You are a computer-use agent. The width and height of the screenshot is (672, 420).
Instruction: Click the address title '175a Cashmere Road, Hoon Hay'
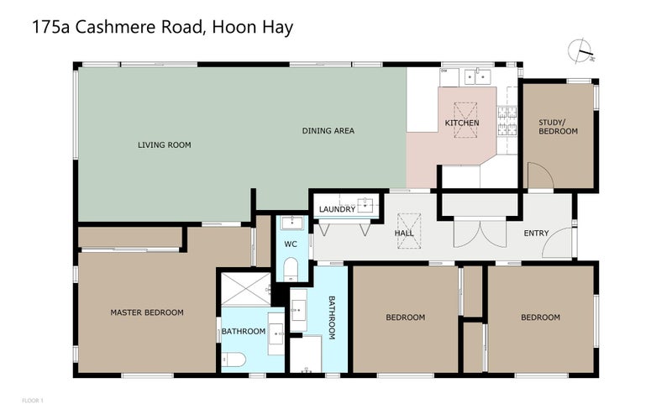click(162, 27)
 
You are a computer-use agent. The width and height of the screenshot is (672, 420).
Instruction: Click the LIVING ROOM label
click(165, 145)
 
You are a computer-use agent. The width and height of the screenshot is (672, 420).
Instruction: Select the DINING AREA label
click(328, 131)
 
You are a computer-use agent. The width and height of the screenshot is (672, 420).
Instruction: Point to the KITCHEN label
click(461, 123)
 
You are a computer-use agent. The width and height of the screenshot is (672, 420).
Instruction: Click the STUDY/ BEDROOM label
click(558, 127)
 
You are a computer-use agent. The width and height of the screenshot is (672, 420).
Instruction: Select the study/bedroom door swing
click(538, 176)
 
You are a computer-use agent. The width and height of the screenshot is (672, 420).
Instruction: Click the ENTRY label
click(536, 233)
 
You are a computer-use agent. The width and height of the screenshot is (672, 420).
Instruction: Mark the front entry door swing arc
click(556, 244)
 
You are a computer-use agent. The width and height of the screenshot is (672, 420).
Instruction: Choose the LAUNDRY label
click(337, 209)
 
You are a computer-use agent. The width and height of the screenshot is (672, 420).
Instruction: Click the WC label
click(291, 244)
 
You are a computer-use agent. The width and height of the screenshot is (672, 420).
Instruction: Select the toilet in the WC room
click(291, 268)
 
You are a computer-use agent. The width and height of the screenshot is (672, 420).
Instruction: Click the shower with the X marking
click(244, 289)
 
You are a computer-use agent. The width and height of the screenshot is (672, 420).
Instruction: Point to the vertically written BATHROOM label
click(332, 317)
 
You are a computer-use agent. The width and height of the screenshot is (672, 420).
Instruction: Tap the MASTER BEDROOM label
click(147, 312)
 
